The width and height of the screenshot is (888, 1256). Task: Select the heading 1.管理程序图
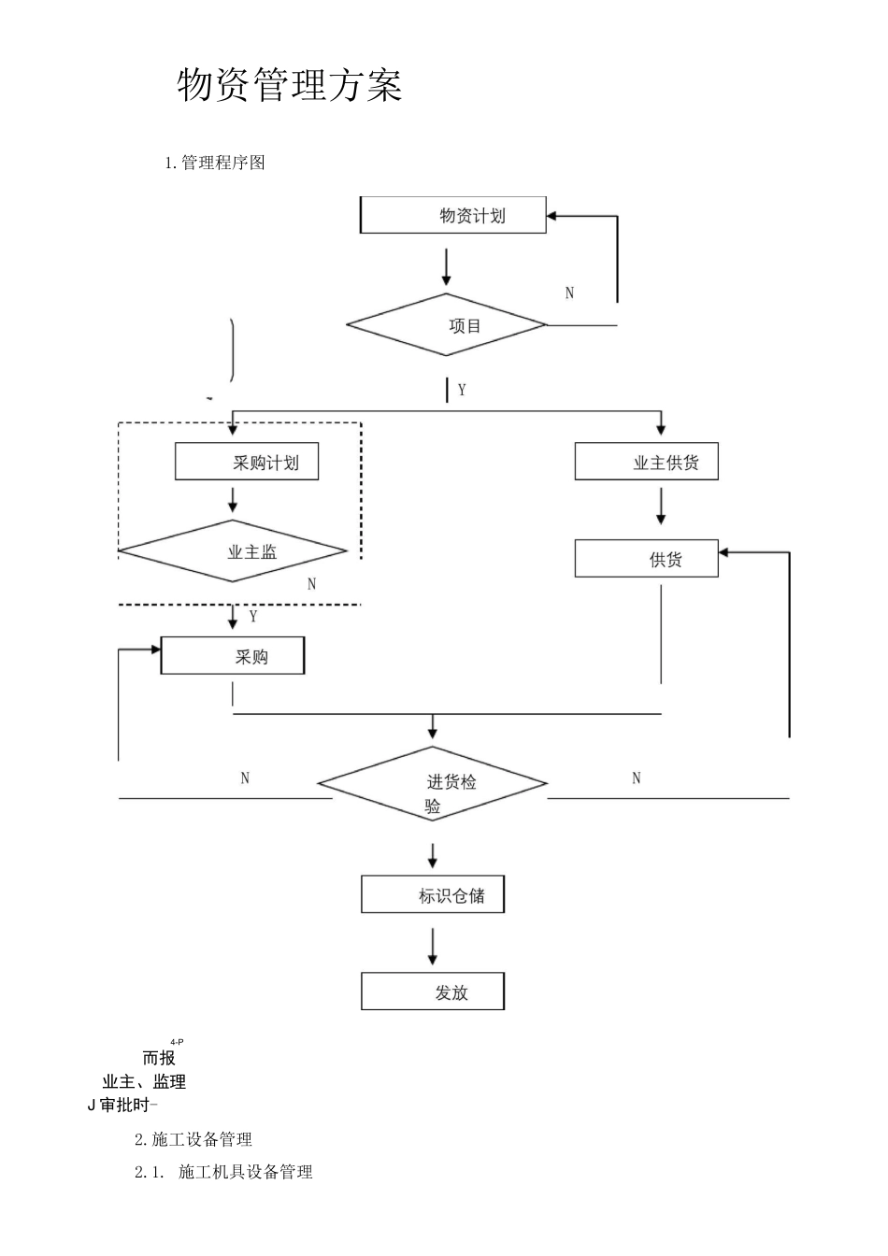[215, 163]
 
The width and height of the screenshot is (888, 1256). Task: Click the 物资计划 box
[453, 216]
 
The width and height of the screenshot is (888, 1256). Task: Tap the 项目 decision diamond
[447, 325]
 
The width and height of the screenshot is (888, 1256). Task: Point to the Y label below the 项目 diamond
[462, 391]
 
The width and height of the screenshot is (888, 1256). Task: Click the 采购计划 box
[247, 463]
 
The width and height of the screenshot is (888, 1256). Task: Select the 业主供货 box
[646, 463]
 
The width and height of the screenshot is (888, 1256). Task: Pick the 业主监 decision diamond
[233, 551]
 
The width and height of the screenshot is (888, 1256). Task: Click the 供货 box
[646, 559]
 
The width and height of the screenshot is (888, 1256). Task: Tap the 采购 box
[233, 657]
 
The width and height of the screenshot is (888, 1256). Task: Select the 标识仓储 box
[433, 895]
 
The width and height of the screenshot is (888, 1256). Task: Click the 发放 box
[433, 992]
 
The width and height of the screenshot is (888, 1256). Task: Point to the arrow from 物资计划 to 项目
[446, 266]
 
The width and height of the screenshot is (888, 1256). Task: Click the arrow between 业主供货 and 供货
[661, 506]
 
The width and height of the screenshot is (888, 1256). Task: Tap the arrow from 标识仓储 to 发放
[432, 946]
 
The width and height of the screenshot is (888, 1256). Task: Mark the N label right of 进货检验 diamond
[637, 778]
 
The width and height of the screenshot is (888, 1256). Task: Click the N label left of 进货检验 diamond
[245, 778]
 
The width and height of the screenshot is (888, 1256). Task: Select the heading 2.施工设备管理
[193, 1139]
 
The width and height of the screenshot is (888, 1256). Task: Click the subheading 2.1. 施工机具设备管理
[224, 1172]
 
